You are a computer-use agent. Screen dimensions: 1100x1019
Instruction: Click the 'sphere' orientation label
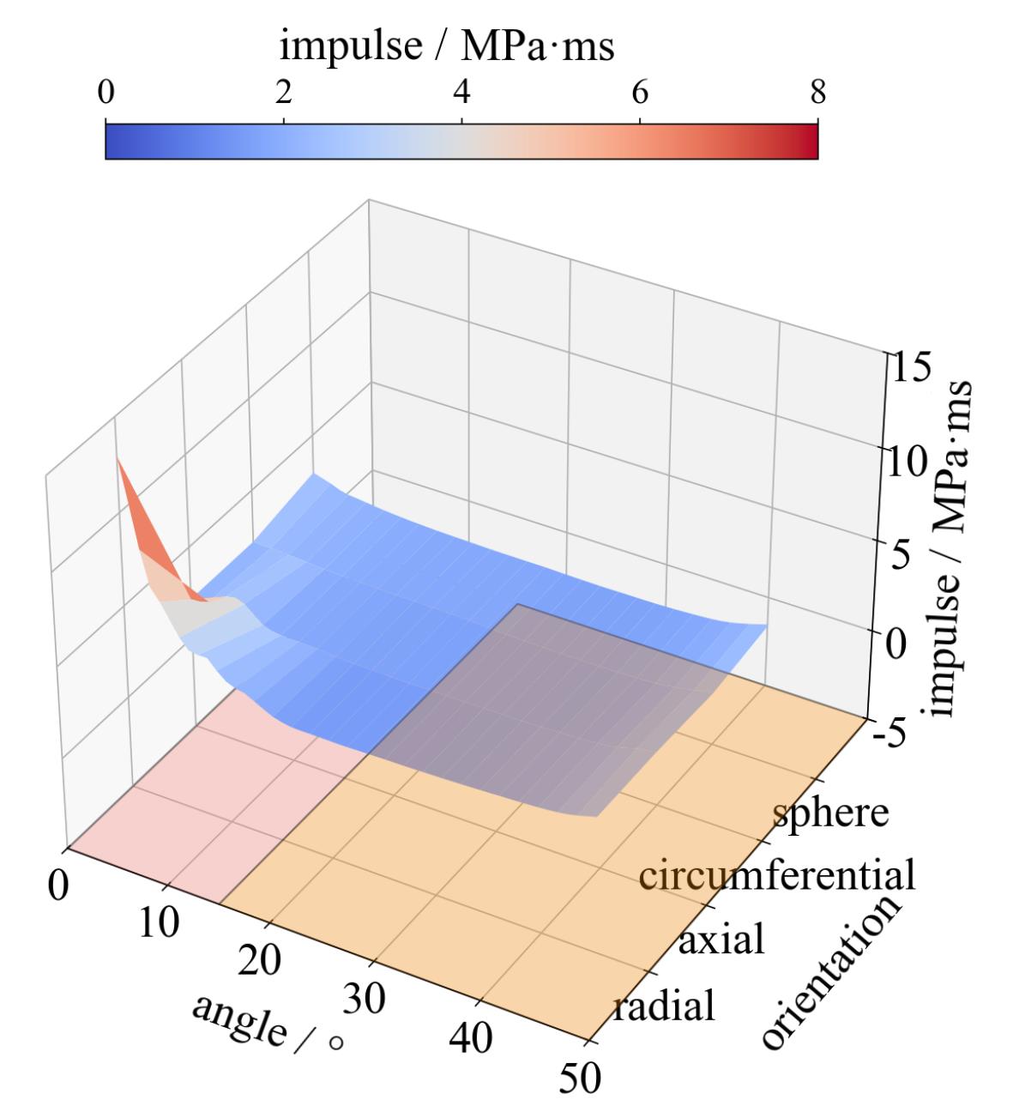830,812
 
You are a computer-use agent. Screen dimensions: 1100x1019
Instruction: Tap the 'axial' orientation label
721,940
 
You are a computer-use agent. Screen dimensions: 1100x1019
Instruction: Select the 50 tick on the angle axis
580,1077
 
